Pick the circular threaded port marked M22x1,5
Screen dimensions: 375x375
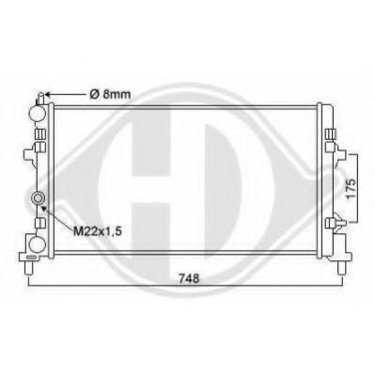(x=39, y=198)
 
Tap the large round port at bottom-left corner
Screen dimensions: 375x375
(x=36, y=243)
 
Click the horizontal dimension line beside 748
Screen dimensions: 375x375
(x=113, y=282)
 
